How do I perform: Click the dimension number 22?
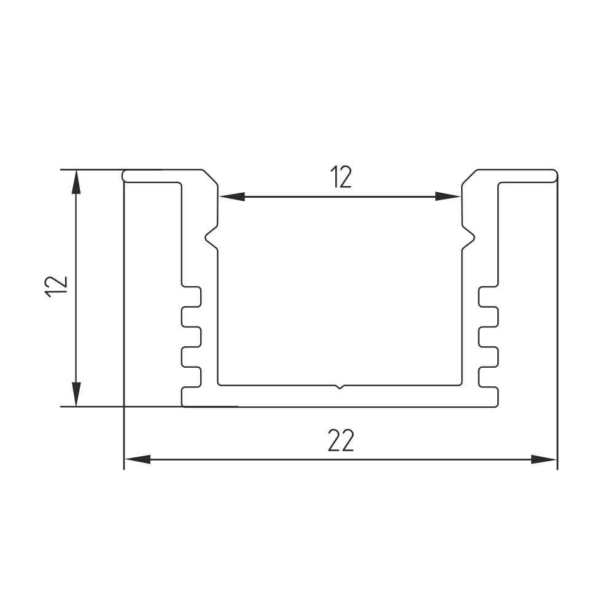[341, 440]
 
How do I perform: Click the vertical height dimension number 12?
[56, 287]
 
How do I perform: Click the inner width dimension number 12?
[340, 177]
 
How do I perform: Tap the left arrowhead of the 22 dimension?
[137, 459]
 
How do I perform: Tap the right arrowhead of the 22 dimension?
[543, 459]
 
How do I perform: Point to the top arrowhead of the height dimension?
[76, 182]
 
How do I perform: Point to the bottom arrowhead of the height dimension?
[76, 394]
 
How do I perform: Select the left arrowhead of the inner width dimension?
[232, 196]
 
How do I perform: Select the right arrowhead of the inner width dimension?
[448, 196]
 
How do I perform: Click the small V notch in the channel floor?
[340, 387]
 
